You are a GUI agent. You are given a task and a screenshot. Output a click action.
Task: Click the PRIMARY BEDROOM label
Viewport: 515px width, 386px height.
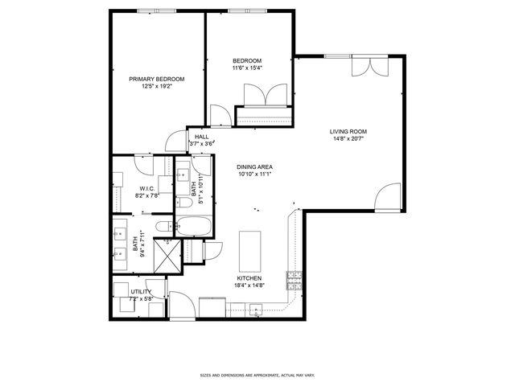point(157,79)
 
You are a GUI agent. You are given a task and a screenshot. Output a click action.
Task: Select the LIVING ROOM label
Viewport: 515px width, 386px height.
point(348,131)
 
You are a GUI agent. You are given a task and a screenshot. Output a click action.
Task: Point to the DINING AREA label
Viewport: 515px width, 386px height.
point(254,166)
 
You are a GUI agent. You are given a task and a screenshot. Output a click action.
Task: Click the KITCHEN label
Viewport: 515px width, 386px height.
point(249,278)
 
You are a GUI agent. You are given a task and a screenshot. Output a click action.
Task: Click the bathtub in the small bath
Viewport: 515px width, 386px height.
point(193,227)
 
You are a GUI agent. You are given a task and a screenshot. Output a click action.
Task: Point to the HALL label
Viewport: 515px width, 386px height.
point(201,138)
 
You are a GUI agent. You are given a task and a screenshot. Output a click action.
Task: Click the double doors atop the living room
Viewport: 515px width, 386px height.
point(372,67)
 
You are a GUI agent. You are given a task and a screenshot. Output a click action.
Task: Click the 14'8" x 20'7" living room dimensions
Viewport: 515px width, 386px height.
point(348,139)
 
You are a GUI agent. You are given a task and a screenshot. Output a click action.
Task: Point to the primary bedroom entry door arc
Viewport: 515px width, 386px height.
point(176,142)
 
